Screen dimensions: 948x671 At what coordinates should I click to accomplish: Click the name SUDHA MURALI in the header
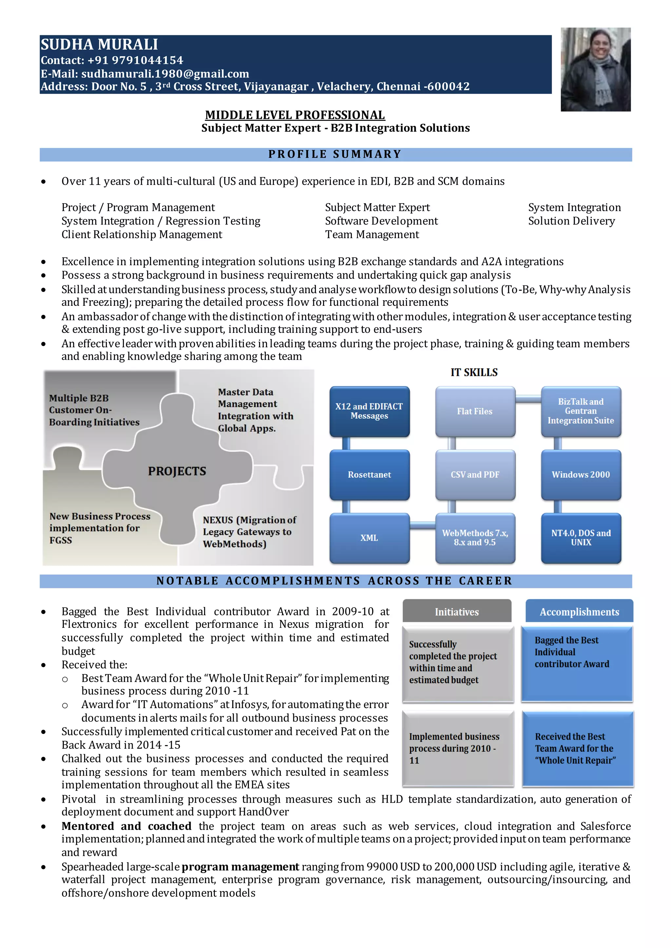pyautogui.click(x=99, y=45)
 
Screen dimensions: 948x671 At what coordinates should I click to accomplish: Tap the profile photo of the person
pyautogui.click(x=595, y=69)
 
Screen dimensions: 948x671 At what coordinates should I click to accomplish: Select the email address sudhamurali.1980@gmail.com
pyautogui.click(x=165, y=74)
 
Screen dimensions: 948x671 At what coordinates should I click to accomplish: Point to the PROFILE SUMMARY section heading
pyautogui.click(x=335, y=155)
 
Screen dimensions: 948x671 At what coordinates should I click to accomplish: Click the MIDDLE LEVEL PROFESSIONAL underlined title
pyautogui.click(x=295, y=115)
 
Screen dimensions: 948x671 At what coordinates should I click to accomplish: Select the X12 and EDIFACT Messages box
pyautogui.click(x=369, y=411)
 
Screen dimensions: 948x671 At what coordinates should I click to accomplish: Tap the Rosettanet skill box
pyautogui.click(x=369, y=475)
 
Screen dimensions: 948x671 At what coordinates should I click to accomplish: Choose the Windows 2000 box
pyautogui.click(x=581, y=475)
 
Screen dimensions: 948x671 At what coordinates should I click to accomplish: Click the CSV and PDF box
pyautogui.click(x=475, y=475)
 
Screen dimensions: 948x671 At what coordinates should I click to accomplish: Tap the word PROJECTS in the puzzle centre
pyautogui.click(x=177, y=471)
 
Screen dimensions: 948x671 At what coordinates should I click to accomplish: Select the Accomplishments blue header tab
pyautogui.click(x=579, y=612)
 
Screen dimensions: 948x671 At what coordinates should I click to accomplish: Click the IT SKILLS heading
pyautogui.click(x=474, y=373)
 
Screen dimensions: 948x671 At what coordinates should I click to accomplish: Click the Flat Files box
pyautogui.click(x=475, y=411)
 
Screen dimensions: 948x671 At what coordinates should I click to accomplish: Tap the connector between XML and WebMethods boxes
pyautogui.click(x=423, y=525)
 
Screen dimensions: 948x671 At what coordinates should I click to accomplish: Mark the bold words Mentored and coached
pyautogui.click(x=126, y=826)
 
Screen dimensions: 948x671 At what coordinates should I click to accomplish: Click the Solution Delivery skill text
pyautogui.click(x=571, y=221)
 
